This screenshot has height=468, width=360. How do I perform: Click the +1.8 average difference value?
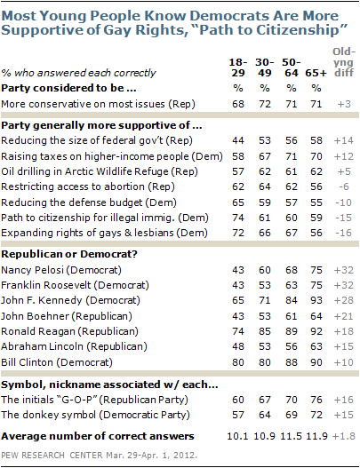pyautogui.click(x=339, y=437)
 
